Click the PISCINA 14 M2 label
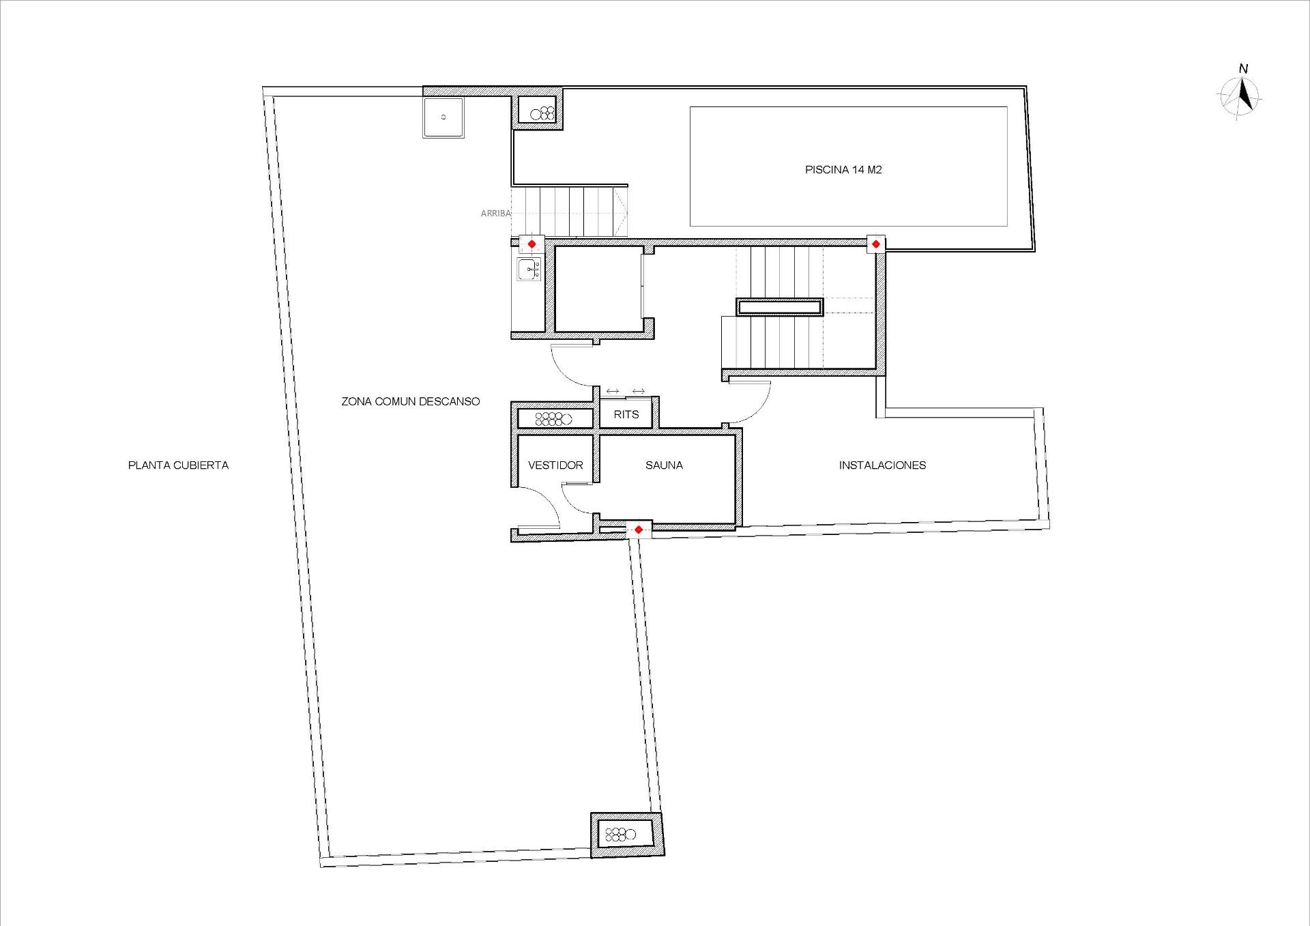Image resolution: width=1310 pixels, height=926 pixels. (843, 170)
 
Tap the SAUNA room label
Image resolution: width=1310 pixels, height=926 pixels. (664, 465)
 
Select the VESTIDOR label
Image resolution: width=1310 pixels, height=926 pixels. (555, 465)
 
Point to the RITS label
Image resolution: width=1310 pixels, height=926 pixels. (626, 414)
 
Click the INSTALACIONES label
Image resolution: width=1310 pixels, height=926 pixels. (882, 465)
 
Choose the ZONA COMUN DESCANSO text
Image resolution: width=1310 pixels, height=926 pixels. (410, 402)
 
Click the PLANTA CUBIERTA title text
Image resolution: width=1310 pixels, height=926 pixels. (178, 465)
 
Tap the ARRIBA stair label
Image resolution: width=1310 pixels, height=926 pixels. (495, 214)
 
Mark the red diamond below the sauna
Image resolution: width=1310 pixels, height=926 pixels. (639, 530)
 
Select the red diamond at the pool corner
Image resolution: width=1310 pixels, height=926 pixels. (875, 244)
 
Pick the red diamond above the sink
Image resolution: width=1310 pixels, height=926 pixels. (532, 244)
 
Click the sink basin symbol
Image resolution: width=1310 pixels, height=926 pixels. (528, 270)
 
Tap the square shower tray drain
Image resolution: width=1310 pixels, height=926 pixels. (443, 117)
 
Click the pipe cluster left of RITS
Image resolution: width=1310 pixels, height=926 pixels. (553, 418)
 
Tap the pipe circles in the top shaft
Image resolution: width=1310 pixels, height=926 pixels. (543, 113)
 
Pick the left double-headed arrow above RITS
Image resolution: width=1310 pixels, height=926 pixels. (612, 392)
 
